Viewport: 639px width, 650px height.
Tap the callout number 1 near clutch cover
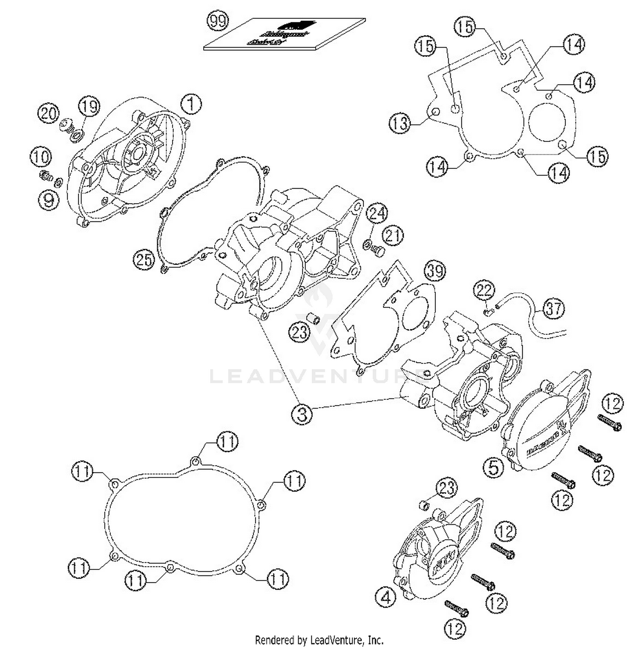click(191, 104)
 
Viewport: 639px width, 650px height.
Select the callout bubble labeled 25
click(144, 259)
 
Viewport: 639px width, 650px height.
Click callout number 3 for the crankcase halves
click(302, 413)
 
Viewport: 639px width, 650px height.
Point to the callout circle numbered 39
click(435, 271)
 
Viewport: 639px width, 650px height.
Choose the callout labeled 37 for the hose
click(553, 308)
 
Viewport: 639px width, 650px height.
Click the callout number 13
click(400, 124)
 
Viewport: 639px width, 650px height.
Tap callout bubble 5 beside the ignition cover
click(493, 467)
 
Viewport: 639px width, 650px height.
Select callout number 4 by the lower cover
click(386, 598)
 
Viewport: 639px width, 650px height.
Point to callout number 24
click(377, 214)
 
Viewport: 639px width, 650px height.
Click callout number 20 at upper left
click(48, 114)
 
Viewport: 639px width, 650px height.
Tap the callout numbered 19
click(89, 106)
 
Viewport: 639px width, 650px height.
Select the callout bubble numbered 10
click(40, 157)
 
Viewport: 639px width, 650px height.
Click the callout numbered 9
click(49, 199)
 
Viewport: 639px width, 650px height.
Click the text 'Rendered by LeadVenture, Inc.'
click(319, 640)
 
